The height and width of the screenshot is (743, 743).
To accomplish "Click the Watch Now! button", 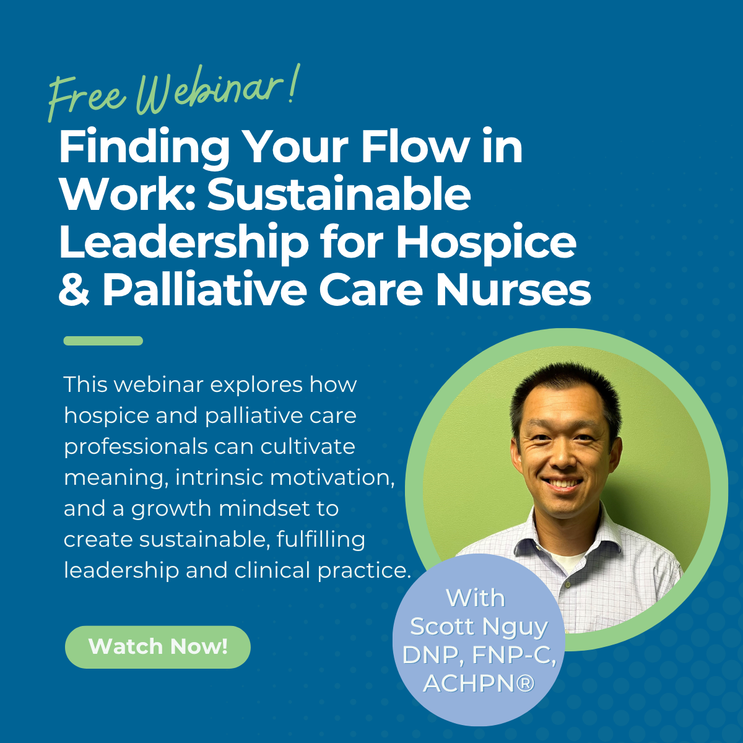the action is click(158, 646).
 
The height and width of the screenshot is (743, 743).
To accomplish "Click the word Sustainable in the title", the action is click(339, 194).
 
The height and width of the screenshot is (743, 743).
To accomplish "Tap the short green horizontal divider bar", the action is click(103, 341).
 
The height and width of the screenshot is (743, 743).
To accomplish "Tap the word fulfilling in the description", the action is click(321, 540).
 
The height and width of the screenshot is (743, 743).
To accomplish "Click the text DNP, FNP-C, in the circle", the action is click(479, 655).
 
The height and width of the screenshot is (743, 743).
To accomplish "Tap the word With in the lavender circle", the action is click(476, 598).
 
